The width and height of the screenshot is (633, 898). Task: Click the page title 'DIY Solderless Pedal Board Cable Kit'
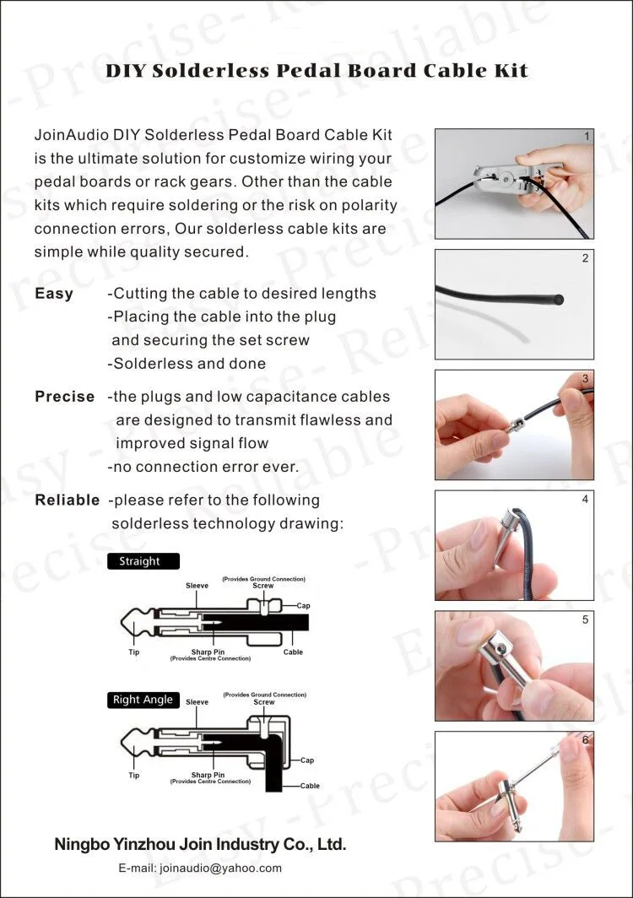(316, 71)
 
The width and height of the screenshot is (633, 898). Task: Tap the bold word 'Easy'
(54, 294)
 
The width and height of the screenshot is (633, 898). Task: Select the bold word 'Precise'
(65, 397)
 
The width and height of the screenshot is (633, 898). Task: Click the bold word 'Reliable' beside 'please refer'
(68, 500)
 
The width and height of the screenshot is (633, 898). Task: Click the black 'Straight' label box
(138, 561)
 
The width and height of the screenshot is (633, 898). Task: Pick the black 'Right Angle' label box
(143, 700)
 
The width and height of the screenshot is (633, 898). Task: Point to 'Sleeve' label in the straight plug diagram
(197, 586)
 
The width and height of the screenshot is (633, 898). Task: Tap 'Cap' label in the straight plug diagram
(304, 606)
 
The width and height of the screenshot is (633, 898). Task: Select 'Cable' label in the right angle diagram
(310, 786)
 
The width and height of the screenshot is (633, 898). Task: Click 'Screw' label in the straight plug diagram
(263, 586)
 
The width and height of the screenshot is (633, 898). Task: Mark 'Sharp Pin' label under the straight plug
(208, 652)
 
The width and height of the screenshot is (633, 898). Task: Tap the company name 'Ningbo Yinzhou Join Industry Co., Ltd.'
(200, 844)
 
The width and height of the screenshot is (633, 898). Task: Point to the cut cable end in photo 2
(558, 299)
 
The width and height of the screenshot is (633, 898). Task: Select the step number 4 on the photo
(585, 499)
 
